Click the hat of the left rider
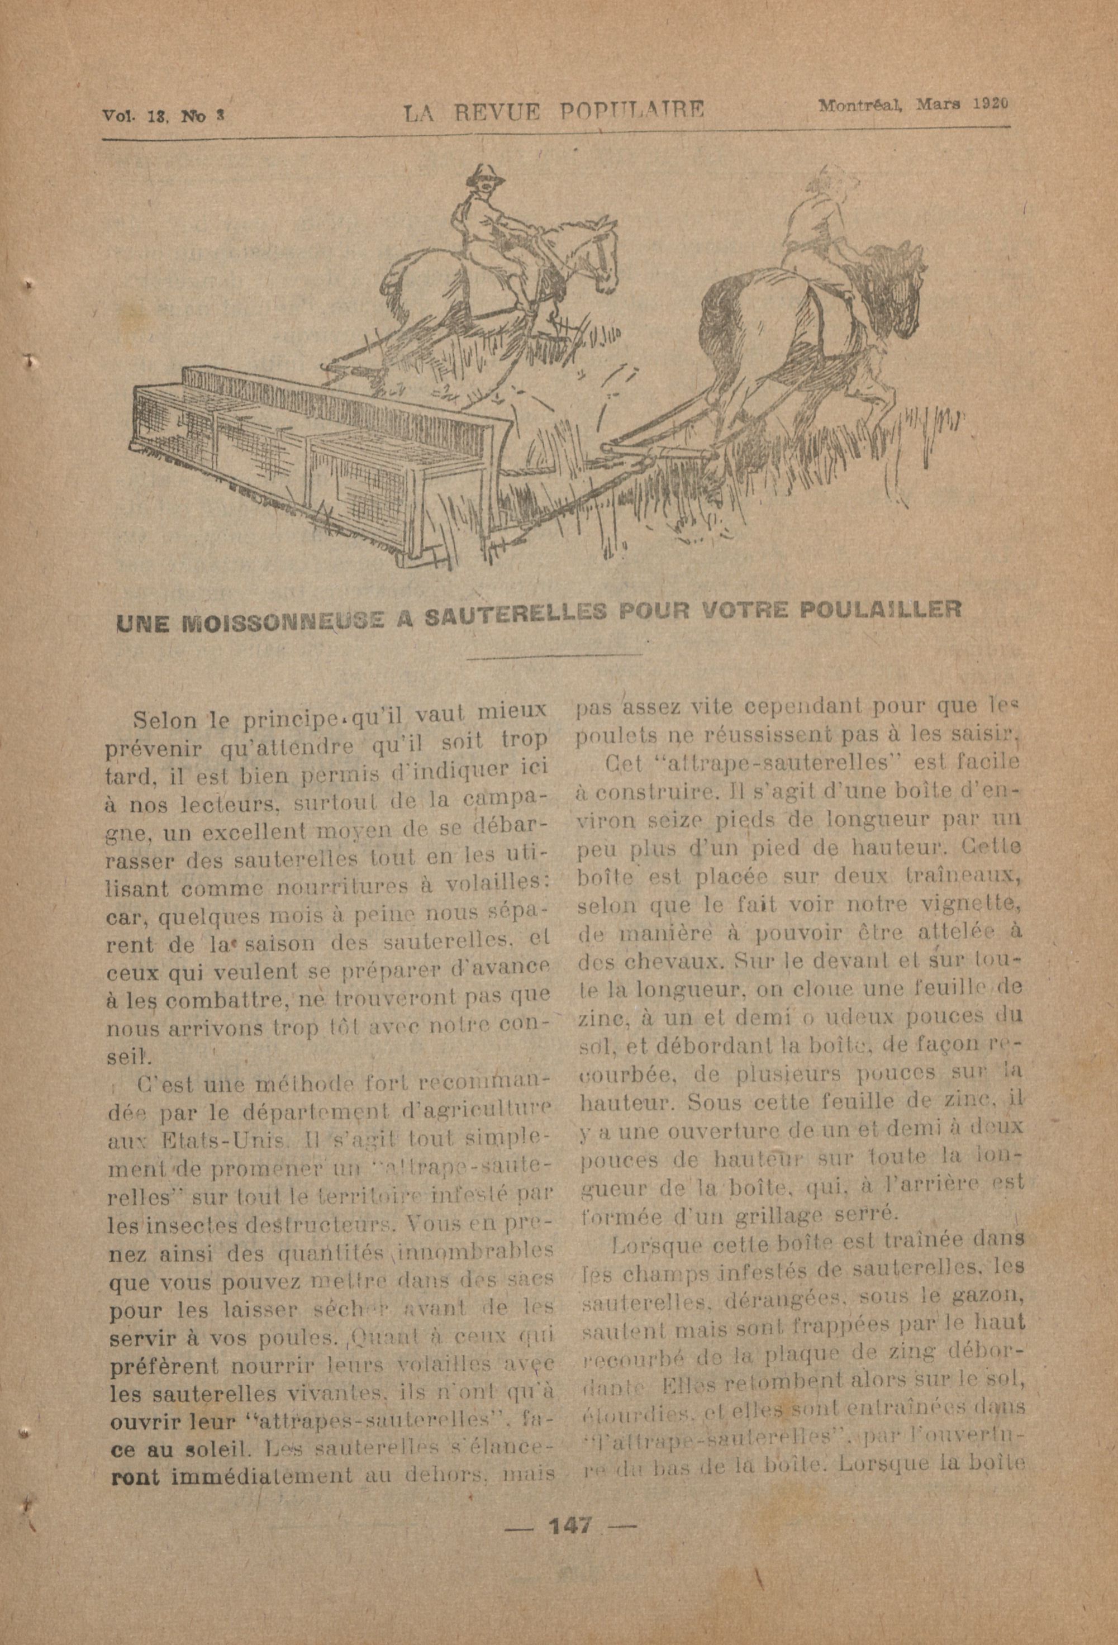[486, 173]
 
